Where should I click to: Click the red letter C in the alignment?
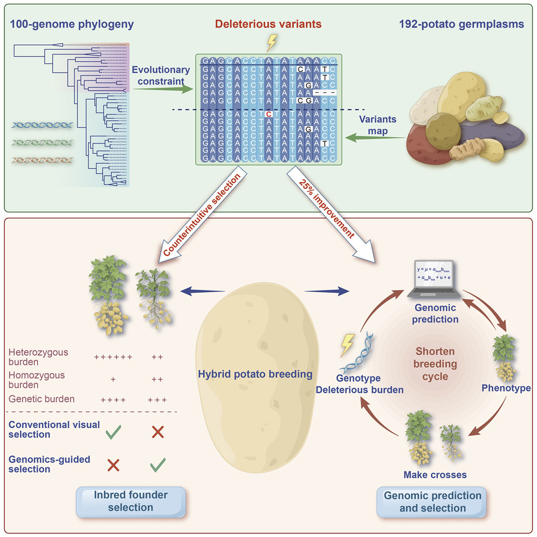(268, 114)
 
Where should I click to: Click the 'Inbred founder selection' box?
(130, 500)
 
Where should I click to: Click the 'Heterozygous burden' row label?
(39, 357)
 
